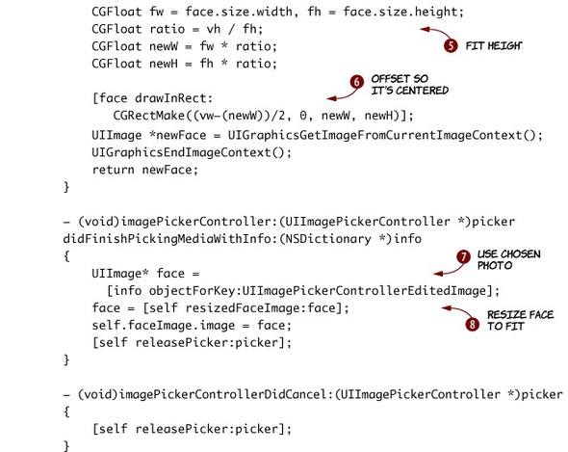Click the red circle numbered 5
[x=451, y=45]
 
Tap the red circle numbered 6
[x=357, y=82]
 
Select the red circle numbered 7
[x=463, y=256]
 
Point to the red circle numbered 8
[x=472, y=324]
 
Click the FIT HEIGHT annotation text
[x=494, y=46]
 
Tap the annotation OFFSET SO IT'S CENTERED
[x=410, y=85]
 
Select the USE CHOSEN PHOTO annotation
[x=508, y=260]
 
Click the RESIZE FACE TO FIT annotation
[x=520, y=320]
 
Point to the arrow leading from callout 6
[x=343, y=95]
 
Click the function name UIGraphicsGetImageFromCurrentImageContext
[x=374, y=136]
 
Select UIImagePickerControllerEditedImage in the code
[x=364, y=291]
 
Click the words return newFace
[x=145, y=170]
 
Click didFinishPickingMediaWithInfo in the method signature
[x=169, y=239]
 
